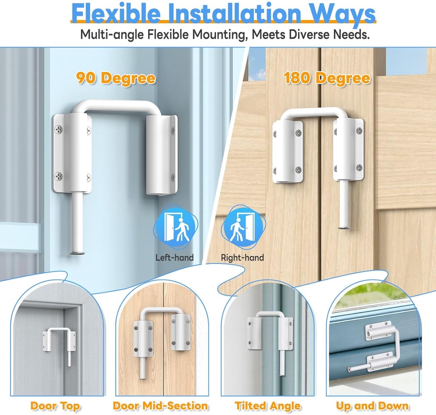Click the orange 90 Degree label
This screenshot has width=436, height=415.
coord(115,78)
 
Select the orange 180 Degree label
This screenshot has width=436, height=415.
coord(327,78)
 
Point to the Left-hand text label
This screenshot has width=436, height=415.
coord(175,258)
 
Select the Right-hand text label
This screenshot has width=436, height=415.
coord(242,258)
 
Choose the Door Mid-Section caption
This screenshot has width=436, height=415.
coord(161,406)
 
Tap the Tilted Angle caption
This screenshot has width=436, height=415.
coord(268,406)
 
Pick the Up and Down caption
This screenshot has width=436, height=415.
coord(372,406)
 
